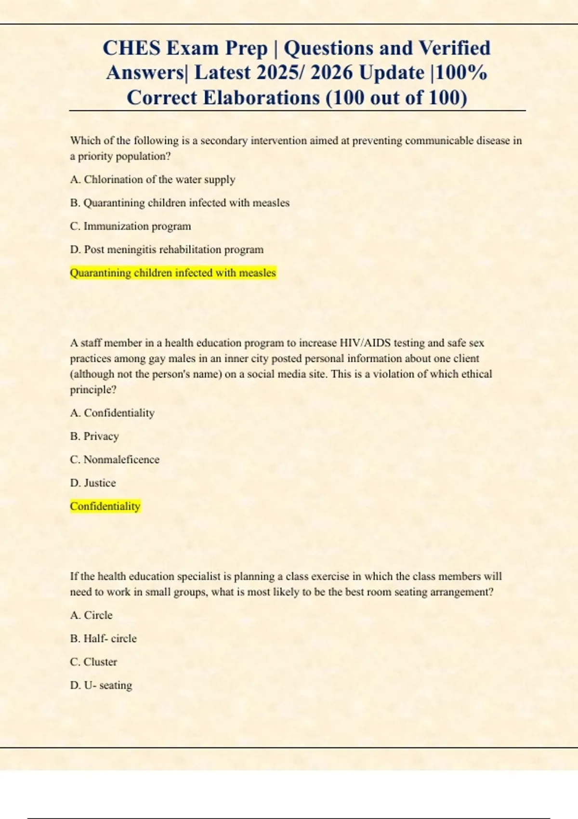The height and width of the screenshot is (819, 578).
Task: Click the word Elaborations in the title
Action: click(261, 98)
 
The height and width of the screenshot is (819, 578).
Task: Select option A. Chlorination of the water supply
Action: click(152, 180)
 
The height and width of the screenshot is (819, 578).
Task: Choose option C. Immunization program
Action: click(130, 226)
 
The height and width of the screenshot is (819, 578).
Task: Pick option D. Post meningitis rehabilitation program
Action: click(167, 250)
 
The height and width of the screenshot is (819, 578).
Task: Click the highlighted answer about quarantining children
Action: click(173, 273)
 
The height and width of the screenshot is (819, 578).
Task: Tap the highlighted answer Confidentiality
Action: click(105, 506)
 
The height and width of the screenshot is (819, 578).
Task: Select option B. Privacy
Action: click(94, 436)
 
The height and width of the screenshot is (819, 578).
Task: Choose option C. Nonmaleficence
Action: click(115, 460)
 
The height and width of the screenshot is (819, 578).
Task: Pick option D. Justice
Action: click(93, 483)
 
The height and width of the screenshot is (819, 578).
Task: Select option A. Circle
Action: click(91, 615)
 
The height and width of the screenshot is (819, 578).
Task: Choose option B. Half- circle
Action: click(103, 638)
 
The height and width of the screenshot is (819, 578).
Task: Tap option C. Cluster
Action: click(93, 662)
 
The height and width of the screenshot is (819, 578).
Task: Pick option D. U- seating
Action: click(101, 685)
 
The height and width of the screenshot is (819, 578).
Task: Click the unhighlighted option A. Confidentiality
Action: click(112, 413)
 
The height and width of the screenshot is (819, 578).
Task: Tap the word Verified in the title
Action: click(454, 48)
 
